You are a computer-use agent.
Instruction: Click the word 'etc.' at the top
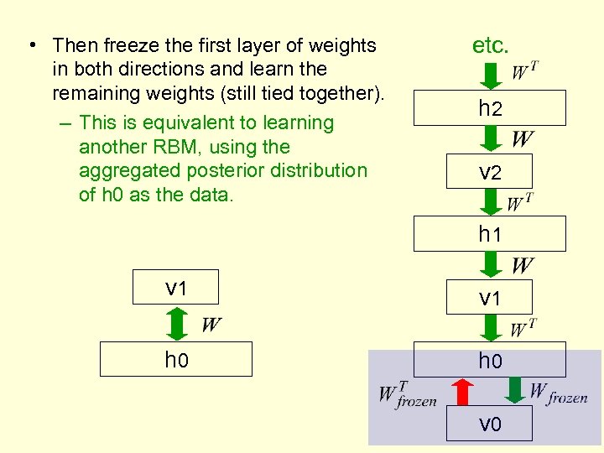pos(491,45)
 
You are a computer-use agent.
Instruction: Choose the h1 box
pos(490,234)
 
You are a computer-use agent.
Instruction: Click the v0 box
pos(490,423)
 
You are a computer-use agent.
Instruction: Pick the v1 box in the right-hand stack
pos(490,297)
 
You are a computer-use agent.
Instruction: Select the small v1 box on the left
pos(176,287)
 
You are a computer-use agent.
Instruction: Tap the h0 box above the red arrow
pos(490,360)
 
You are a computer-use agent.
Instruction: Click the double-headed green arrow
pos(176,322)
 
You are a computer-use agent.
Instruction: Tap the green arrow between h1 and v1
pos(491,266)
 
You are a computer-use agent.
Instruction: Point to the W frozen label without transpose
pos(558,393)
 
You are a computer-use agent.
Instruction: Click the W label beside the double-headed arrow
pos(211,325)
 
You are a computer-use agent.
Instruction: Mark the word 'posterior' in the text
pos(204,171)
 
